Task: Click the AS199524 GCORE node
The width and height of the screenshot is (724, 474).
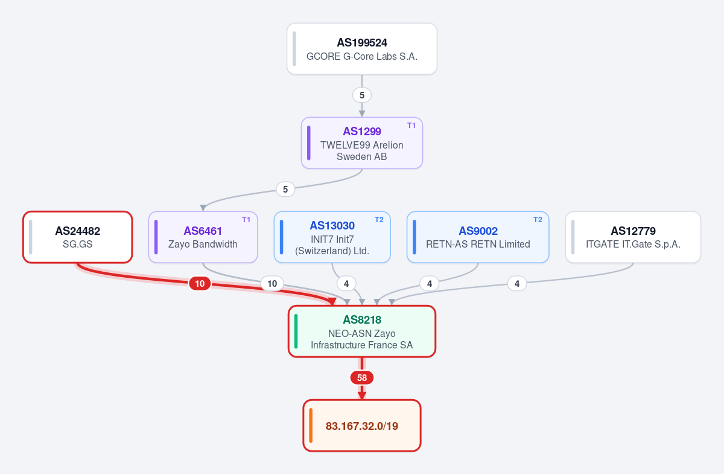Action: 362,49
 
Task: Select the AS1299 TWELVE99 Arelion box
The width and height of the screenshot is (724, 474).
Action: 362,143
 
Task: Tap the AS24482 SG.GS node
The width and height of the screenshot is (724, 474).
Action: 78,237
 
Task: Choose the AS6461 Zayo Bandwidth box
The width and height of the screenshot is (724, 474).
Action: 203,237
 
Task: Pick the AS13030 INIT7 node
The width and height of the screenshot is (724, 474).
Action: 332,237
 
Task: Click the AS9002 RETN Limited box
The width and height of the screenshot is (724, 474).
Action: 478,237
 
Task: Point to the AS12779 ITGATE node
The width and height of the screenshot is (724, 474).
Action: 633,237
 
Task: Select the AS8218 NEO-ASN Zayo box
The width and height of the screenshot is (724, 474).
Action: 362,331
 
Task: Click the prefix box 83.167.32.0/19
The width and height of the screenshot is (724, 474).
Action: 362,426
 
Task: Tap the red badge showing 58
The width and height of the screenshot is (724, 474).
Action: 362,377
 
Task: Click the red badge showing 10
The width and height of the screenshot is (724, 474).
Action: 200,283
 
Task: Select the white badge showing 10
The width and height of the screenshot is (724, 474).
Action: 272,283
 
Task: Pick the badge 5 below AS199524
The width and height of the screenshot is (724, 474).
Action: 362,95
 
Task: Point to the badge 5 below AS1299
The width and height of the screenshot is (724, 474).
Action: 285,189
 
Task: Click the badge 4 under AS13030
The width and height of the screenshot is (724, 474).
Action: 346,283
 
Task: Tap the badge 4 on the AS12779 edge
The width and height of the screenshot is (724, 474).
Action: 517,283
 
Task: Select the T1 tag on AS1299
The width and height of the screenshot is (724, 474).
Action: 411,126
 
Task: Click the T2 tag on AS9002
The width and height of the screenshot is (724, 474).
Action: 538,220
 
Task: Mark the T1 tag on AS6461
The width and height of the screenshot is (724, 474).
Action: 246,220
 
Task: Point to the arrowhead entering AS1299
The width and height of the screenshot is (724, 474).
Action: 362,114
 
